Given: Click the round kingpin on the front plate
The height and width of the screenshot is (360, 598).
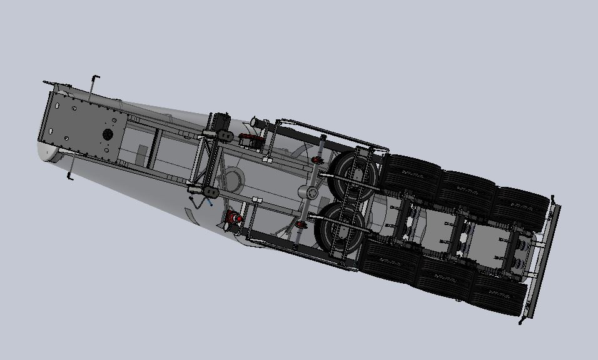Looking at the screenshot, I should coord(107,134).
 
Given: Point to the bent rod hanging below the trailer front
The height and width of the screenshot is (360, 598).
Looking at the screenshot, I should coord(71,167).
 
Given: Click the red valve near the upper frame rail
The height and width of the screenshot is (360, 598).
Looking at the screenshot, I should coord(253,141).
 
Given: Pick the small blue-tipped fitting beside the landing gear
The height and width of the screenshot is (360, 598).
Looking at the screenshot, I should coord(211,202).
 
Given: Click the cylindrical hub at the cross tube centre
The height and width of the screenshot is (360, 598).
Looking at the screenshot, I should coord(311,192).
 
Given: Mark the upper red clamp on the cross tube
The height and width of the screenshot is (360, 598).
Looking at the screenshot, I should coord(317,163).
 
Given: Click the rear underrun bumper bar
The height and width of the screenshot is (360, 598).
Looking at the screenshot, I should coord(539,259).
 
